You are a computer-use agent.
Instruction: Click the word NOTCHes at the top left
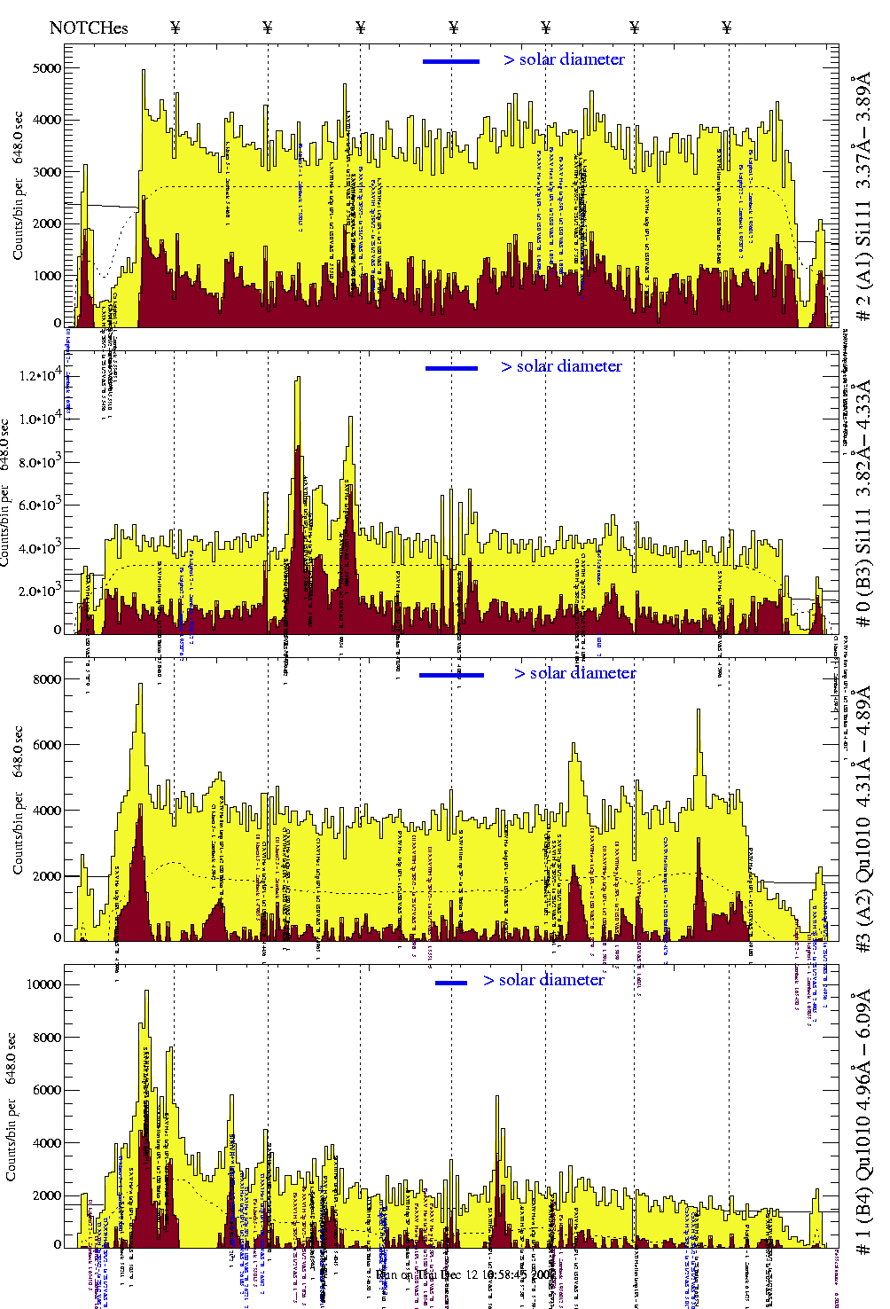pos(89,27)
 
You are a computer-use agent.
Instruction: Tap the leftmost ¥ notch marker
pos(175,27)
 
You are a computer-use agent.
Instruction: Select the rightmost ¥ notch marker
pos(727,27)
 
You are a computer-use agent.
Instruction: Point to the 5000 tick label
pos(45,68)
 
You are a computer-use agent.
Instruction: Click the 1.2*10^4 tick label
pos(41,376)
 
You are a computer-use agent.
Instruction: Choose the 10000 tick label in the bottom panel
pos(44,984)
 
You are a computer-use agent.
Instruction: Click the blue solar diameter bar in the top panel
pos(451,61)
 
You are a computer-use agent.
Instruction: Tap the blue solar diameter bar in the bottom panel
pos(451,983)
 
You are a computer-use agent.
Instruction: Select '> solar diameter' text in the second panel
pos(561,366)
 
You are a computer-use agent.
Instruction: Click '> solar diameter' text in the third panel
pos(574,673)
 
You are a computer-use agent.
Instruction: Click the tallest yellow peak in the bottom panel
pos(146,992)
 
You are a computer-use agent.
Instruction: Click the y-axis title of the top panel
pos(19,186)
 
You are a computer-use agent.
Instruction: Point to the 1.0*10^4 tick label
pos(41,419)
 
